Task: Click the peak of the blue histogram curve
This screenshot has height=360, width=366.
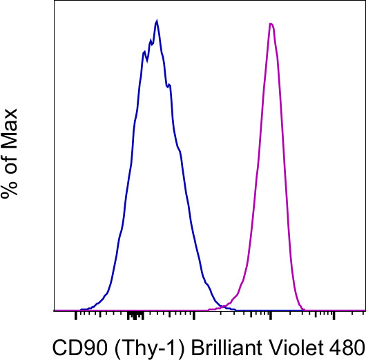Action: pyautogui.click(x=157, y=21)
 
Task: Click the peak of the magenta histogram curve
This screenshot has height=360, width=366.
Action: pyautogui.click(x=271, y=24)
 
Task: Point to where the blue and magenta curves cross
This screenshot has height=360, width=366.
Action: pyautogui.click(x=226, y=306)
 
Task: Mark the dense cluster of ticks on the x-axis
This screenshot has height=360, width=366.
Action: pyautogui.click(x=136, y=316)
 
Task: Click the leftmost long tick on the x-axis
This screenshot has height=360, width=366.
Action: pyautogui.click(x=75, y=317)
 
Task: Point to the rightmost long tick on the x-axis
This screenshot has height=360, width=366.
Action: pyautogui.click(x=335, y=317)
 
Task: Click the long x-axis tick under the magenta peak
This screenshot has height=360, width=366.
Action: pyautogui.click(x=271, y=317)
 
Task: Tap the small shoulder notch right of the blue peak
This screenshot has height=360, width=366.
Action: pyautogui.click(x=168, y=86)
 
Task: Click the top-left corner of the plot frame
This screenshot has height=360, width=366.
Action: pyautogui.click(x=54, y=2)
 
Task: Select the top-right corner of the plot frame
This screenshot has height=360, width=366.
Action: pyautogui.click(x=364, y=2)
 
